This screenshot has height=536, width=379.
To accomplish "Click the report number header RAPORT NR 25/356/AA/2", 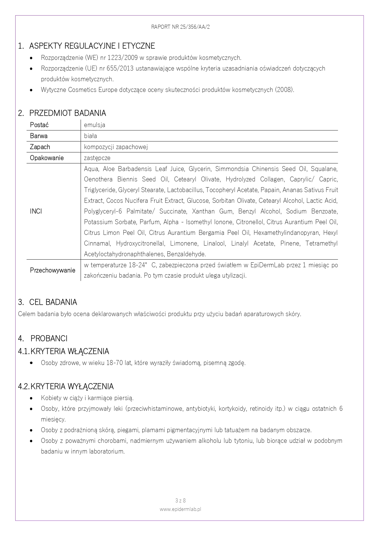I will pyautogui.click(x=180, y=27).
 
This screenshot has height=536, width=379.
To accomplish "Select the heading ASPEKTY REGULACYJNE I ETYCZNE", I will pyautogui.click(x=92, y=46).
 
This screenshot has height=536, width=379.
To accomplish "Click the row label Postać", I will pyautogui.click(x=39, y=125).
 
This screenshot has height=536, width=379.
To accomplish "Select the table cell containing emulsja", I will pyautogui.click(x=95, y=125).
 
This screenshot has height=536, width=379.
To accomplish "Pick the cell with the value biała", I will pyautogui.click(x=90, y=136).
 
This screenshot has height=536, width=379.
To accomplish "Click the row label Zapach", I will pyautogui.click(x=40, y=147).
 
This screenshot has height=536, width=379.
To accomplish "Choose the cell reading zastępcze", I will pyautogui.click(x=97, y=158).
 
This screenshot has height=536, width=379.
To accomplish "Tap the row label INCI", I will pyautogui.click(x=36, y=211).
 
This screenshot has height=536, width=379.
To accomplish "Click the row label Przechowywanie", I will pyautogui.click(x=53, y=270).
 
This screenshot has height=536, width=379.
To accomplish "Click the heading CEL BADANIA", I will pyautogui.click(x=53, y=302).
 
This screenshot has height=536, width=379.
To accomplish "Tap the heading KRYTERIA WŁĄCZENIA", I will pyautogui.click(x=70, y=352).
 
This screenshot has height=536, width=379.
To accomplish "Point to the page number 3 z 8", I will pyautogui.click(x=180, y=501).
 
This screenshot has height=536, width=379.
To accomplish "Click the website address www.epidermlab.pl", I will pyautogui.click(x=180, y=509).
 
